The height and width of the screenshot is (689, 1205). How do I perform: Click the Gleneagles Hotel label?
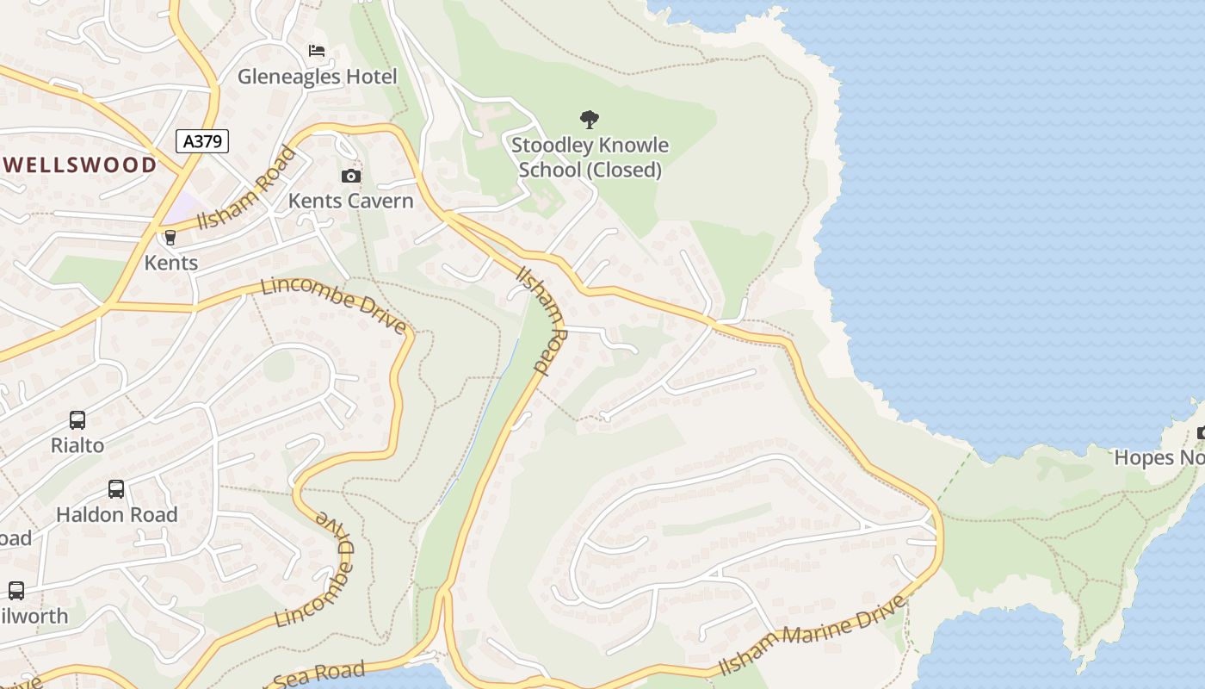point(317,77)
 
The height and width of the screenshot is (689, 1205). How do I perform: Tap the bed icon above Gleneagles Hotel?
point(317,51)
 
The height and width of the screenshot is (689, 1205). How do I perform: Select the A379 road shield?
point(202,141)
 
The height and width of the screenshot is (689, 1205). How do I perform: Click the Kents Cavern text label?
point(350,201)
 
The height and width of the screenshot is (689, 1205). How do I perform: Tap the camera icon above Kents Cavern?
point(351,176)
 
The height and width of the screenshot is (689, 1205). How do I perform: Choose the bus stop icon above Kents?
point(170,238)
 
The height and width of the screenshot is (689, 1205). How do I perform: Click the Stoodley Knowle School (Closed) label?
point(590,158)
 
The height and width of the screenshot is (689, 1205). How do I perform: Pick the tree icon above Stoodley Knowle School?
point(590,119)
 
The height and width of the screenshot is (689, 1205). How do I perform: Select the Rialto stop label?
point(77,445)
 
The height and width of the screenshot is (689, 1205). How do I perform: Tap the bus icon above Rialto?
point(77,420)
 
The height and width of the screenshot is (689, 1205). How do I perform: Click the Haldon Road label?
point(116,514)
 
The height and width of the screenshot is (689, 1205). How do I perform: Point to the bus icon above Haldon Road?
point(116,489)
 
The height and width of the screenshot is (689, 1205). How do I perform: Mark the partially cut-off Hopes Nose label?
point(1159,457)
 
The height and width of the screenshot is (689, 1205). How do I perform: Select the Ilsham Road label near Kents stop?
point(245,189)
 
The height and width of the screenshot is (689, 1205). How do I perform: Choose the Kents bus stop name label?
point(170,263)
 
